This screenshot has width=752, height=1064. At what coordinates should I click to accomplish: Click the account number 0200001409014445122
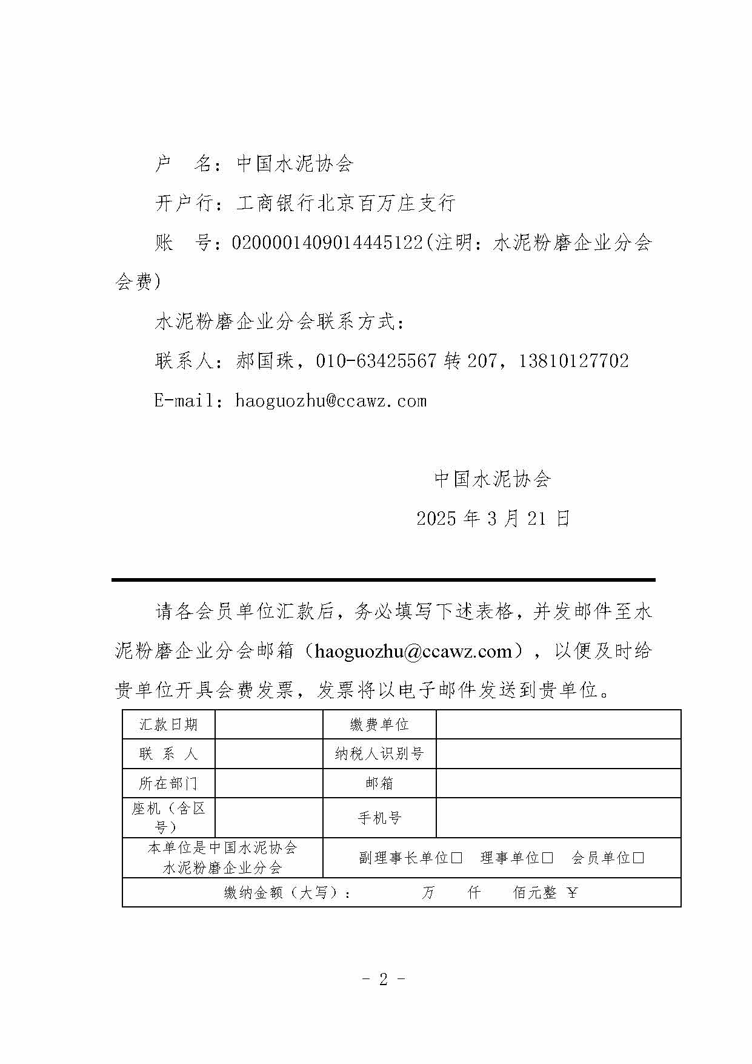click(327, 243)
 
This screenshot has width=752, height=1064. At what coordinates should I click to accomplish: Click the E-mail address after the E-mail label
click(331, 401)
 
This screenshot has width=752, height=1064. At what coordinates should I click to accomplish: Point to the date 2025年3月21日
click(493, 519)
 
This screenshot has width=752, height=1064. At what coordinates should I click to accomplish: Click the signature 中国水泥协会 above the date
click(493, 479)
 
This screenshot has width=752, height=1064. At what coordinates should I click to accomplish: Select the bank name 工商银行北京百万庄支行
click(345, 203)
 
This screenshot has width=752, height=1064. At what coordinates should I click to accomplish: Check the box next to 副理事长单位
click(457, 858)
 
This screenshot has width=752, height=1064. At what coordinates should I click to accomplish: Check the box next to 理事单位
click(547, 858)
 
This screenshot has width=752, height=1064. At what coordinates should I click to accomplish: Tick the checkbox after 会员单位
click(638, 858)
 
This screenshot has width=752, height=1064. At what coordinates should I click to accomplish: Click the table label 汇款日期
click(168, 724)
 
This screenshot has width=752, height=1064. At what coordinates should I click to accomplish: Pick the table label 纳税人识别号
click(379, 754)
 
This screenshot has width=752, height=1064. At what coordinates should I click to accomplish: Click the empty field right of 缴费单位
click(558, 724)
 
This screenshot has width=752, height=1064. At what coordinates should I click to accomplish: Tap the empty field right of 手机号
click(558, 818)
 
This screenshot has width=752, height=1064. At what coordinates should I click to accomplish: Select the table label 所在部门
click(168, 783)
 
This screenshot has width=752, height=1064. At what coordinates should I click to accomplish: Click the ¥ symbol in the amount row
click(573, 893)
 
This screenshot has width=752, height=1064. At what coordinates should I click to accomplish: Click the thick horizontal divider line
click(383, 580)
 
